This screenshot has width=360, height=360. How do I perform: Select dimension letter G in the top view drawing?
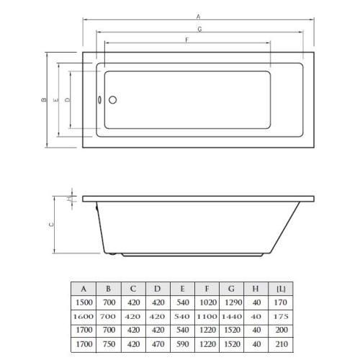(199, 30)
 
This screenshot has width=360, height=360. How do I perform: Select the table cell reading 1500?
(84, 302)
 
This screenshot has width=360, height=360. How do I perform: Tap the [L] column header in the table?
(280, 288)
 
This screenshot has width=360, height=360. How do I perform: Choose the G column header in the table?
(231, 288)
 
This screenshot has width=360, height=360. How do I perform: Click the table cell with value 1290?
(231, 302)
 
